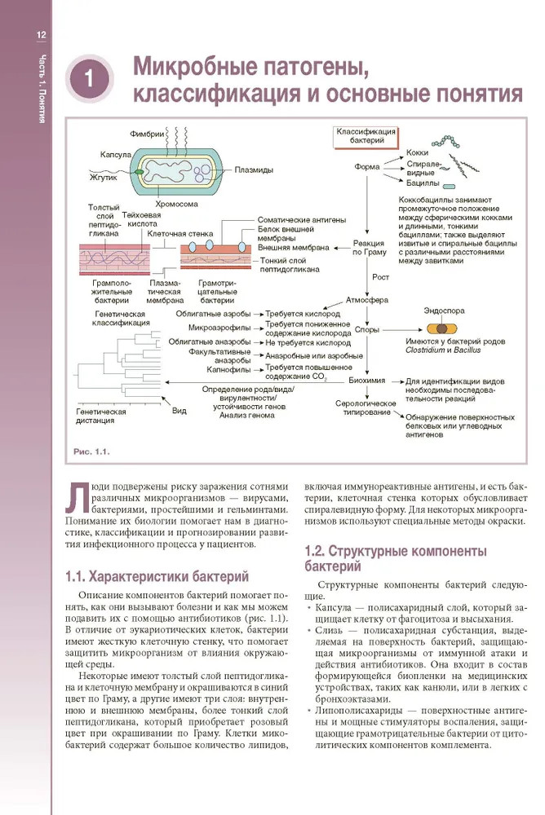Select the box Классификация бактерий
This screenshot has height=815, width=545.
point(366,136)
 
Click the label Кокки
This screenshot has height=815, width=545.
point(418,153)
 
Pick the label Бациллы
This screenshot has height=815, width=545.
point(422,184)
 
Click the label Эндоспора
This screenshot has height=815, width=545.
point(442,311)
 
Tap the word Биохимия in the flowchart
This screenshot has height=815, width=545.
point(367,380)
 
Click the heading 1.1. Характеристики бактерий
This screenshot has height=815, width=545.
point(157,578)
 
